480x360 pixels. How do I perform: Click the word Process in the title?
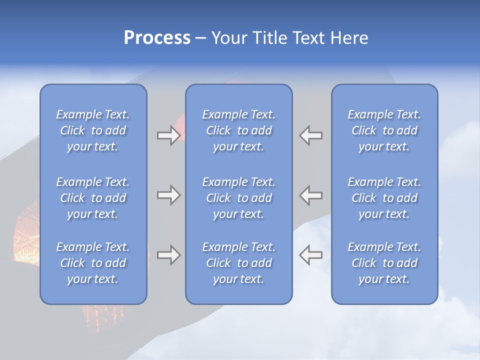point(157,38)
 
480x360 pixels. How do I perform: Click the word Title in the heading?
point(269,38)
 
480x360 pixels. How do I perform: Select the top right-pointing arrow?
point(168,135)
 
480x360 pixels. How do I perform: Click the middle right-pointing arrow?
point(168,195)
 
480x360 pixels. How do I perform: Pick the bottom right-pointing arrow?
point(168,255)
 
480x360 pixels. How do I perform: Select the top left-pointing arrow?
point(311,135)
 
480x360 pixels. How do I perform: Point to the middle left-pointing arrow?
point(311,195)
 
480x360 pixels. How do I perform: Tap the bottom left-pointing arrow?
point(311,255)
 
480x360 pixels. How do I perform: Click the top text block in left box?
point(93,130)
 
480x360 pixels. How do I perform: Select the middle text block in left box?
point(93,198)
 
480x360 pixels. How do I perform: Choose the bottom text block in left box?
point(93,263)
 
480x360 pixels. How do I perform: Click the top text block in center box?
point(238,130)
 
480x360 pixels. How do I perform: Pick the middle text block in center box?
point(238,198)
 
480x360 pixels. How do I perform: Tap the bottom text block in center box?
point(238,263)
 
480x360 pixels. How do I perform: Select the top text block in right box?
point(384,130)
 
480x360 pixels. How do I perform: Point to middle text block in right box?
point(384,198)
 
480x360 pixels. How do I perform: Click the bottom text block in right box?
point(384,263)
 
